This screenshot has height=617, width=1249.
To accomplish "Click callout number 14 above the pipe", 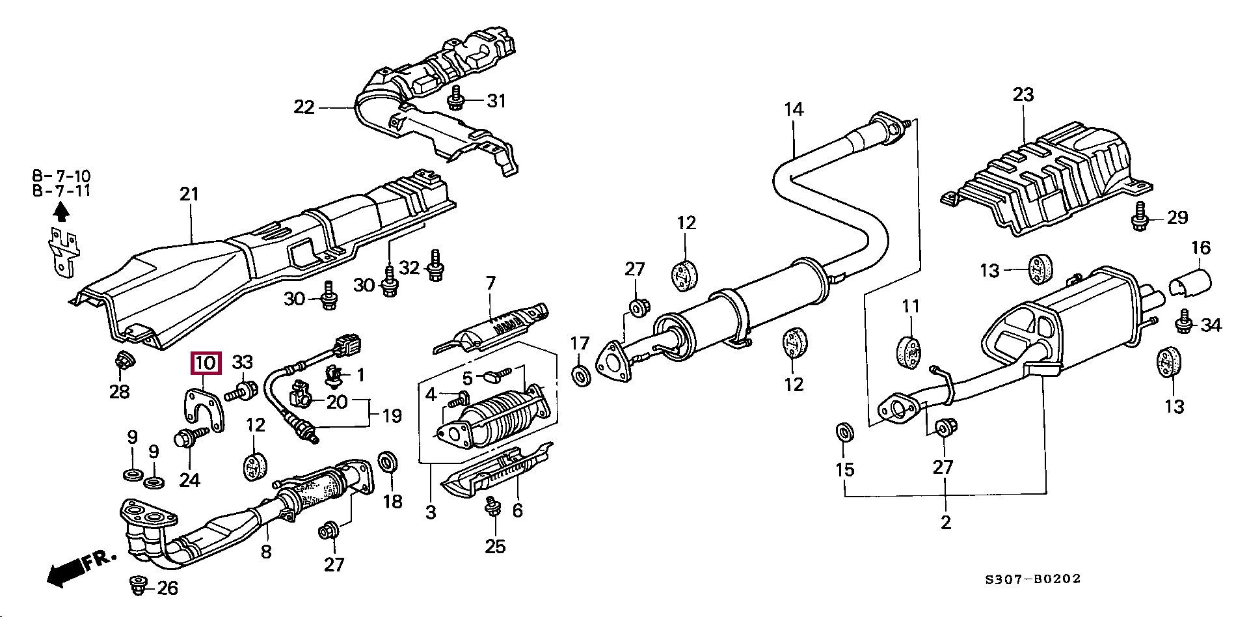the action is click(x=794, y=109).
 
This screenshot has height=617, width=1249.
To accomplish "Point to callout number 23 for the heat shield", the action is click(x=1023, y=95).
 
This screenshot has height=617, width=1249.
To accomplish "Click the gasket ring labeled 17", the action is click(x=580, y=376).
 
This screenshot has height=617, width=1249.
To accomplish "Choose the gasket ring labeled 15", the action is click(x=845, y=431).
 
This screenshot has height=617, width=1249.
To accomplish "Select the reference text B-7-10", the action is click(x=61, y=176).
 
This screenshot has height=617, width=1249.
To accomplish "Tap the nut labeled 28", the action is click(x=122, y=361).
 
